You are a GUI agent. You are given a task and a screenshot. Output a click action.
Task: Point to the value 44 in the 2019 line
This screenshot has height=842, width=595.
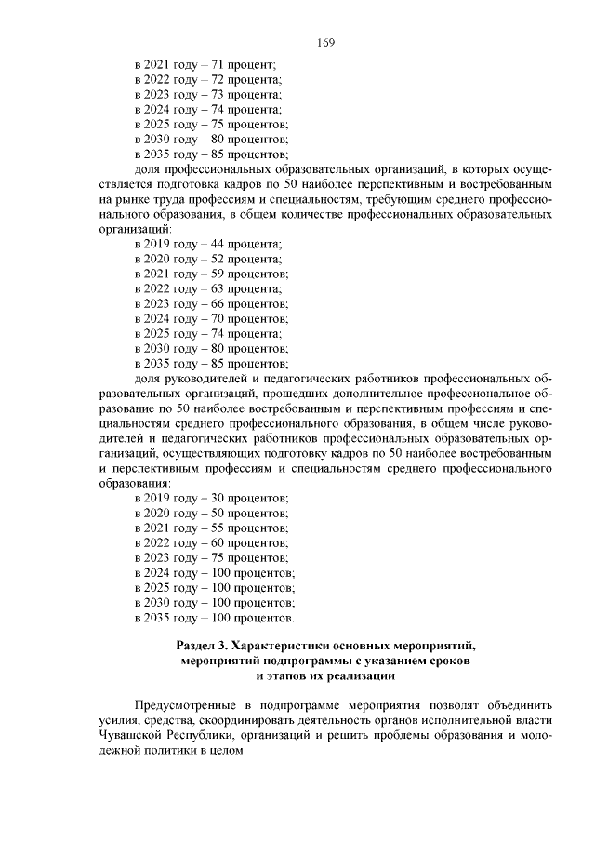220,244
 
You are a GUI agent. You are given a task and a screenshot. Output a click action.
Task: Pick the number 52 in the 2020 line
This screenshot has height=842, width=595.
220,259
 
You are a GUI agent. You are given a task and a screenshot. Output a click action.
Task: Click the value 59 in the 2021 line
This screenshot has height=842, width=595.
220,274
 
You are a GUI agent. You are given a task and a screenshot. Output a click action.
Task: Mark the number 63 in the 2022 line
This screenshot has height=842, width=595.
220,288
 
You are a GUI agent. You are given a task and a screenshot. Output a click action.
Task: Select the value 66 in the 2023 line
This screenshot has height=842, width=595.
220,303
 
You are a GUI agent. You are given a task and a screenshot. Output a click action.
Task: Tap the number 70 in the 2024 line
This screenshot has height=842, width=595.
220,318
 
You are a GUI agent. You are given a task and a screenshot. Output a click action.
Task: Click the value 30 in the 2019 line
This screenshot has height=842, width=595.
220,499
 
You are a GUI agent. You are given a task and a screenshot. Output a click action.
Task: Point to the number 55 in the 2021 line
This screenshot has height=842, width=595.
220,528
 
